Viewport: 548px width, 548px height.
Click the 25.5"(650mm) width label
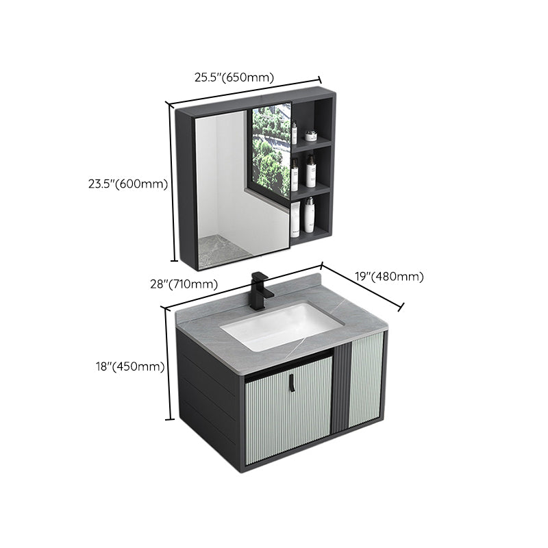234,77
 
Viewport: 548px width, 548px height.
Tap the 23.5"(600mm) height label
128,184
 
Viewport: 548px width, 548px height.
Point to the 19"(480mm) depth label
390,277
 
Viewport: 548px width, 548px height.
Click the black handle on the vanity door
292,386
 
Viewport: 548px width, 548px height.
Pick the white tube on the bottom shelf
295,219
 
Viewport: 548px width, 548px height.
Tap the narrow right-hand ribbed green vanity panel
367,380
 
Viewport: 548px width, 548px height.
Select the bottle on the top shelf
295,132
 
